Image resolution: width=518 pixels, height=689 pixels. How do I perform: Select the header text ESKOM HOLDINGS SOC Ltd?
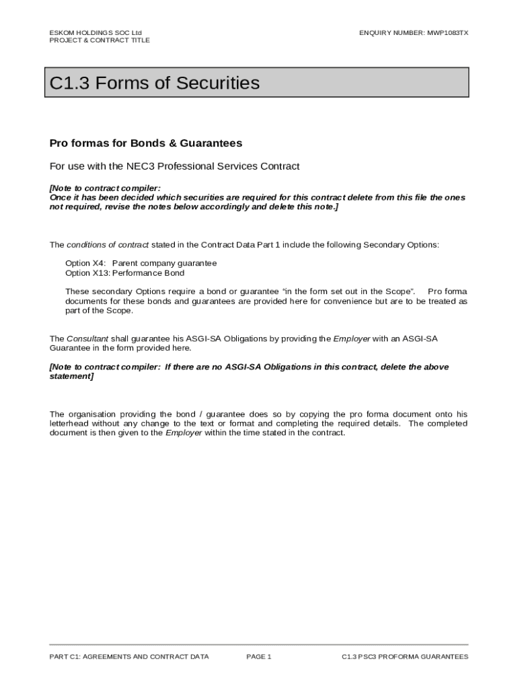96,32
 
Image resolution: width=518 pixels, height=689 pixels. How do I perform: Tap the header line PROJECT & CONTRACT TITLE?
100,40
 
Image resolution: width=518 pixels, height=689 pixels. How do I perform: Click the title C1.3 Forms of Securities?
155,83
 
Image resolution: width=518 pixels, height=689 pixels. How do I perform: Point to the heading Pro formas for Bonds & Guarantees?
146,143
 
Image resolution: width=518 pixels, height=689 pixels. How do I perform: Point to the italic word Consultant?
87,338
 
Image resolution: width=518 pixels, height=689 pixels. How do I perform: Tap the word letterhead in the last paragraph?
71,424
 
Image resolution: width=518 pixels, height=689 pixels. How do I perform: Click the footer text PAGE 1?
259,657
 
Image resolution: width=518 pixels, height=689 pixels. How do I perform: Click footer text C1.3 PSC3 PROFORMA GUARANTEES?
405,657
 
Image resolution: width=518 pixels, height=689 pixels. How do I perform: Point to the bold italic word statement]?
71,376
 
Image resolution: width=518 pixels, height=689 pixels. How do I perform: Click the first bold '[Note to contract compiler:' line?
105,188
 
